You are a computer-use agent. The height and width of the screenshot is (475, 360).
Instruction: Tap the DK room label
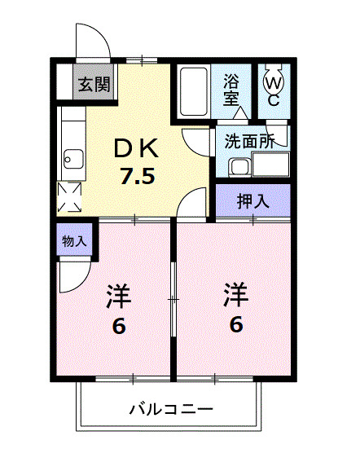(x=136, y=148)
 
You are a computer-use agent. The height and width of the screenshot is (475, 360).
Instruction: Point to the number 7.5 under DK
(x=137, y=176)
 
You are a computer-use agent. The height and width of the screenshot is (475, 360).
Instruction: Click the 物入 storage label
(x=74, y=241)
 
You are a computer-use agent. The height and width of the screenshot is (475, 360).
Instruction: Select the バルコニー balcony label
(x=171, y=409)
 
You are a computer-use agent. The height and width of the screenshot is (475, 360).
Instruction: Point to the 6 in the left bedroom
(x=119, y=327)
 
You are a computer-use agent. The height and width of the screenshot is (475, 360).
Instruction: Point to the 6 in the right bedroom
(x=236, y=324)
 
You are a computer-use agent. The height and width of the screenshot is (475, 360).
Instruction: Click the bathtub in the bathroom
(x=193, y=92)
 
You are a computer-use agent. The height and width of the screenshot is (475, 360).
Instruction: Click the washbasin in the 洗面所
(x=239, y=167)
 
